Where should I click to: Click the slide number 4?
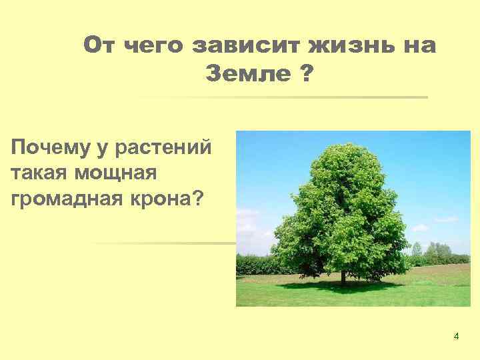pos(456,336)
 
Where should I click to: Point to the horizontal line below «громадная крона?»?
pos(167,243)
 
